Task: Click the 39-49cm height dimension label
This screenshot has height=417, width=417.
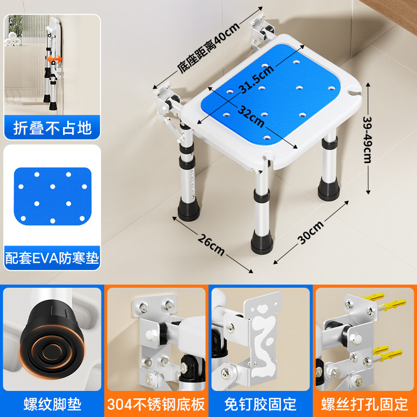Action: pyautogui.click(x=367, y=140)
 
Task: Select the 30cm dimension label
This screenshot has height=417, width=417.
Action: pyautogui.click(x=311, y=232)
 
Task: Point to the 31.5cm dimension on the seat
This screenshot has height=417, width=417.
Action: pyautogui.click(x=256, y=79)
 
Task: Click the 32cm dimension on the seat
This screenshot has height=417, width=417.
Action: pyautogui.click(x=251, y=116)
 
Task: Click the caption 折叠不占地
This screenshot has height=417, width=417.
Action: pyautogui.click(x=53, y=128)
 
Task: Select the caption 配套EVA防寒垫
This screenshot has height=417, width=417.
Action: pyautogui.click(x=52, y=257)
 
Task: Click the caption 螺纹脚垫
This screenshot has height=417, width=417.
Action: pyautogui.click(x=53, y=404)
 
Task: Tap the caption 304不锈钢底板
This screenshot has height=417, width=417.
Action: pyautogui.click(x=156, y=404)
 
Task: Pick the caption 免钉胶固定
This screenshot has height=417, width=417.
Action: pyautogui.click(x=260, y=404)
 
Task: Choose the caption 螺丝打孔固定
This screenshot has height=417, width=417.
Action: pyautogui.click(x=364, y=404)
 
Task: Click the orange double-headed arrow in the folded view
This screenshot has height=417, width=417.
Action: pyautogui.click(x=55, y=59)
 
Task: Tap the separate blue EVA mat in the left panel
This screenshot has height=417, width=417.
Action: pyautogui.click(x=53, y=196)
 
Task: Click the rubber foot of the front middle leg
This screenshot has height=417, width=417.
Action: pyautogui.click(x=262, y=242)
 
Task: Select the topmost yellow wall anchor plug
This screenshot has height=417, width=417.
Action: pyautogui.click(x=373, y=297)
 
